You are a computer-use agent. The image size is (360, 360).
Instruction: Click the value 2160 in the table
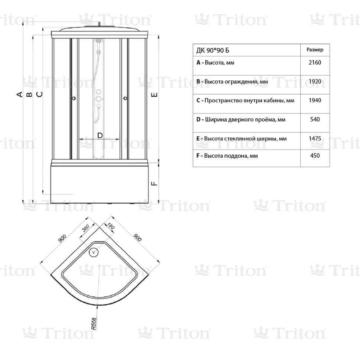point(314,63)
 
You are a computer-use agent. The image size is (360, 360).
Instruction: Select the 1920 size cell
point(314,81)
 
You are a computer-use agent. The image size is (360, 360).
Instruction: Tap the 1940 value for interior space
point(314,100)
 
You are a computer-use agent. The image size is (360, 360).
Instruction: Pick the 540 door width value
point(314,120)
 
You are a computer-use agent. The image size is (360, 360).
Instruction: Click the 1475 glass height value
point(314,138)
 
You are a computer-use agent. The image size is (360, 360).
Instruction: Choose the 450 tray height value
point(314,156)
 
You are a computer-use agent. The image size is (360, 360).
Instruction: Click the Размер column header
point(315,50)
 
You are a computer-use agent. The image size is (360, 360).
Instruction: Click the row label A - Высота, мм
point(215,63)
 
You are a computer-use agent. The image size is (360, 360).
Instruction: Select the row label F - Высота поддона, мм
point(227,156)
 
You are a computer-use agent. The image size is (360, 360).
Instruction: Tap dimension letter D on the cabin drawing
point(100,135)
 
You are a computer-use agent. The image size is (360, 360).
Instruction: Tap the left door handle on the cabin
point(73,98)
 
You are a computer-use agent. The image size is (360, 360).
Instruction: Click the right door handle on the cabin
point(125,98)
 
